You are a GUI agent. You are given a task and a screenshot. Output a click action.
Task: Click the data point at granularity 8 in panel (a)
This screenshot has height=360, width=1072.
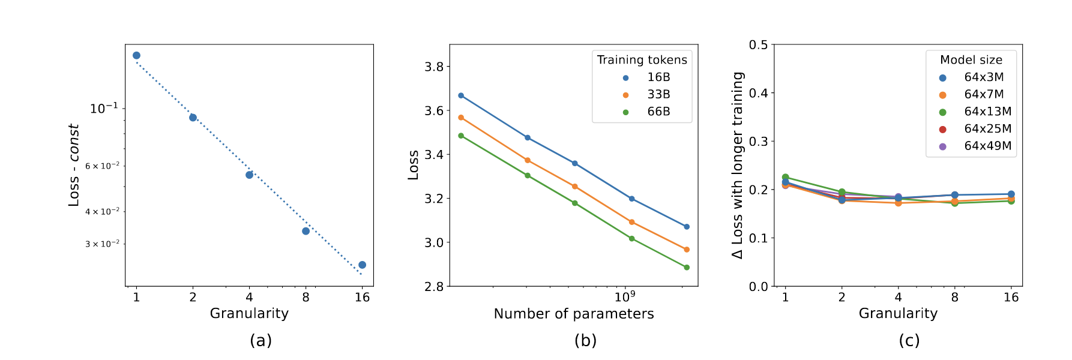click(x=306, y=231)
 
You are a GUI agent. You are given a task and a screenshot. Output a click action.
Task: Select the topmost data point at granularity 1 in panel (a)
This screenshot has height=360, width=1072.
click(x=136, y=55)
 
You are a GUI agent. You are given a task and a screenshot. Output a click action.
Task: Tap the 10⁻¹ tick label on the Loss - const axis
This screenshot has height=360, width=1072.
click(x=104, y=109)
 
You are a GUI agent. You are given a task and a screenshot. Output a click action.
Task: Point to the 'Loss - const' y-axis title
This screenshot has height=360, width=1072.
click(x=74, y=165)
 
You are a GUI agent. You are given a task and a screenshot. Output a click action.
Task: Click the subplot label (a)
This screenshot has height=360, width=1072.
click(x=260, y=340)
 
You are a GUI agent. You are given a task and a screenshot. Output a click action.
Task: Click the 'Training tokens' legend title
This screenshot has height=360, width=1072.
click(x=642, y=60)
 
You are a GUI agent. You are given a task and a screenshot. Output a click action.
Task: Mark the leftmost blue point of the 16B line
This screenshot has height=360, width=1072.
click(x=461, y=95)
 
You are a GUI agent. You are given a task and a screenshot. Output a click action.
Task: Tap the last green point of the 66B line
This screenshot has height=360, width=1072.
click(x=687, y=268)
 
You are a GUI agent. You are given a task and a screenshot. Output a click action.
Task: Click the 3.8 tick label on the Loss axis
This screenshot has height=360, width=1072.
click(x=433, y=67)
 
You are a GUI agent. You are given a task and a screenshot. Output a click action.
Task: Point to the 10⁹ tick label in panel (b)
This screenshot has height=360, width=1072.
click(x=625, y=296)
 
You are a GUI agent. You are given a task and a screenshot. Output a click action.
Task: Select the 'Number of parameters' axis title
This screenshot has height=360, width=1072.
click(x=573, y=314)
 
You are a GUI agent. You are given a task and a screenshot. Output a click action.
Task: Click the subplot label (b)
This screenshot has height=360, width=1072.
click(x=585, y=340)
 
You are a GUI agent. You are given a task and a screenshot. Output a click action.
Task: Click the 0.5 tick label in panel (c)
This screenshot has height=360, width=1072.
click(x=758, y=45)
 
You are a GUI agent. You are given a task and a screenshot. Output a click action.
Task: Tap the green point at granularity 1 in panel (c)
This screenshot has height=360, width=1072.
click(x=785, y=177)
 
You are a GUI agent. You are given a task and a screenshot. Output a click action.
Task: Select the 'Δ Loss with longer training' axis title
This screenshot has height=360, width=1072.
click(x=738, y=165)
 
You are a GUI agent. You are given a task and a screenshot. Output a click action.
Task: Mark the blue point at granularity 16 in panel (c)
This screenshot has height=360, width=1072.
click(x=1011, y=194)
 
